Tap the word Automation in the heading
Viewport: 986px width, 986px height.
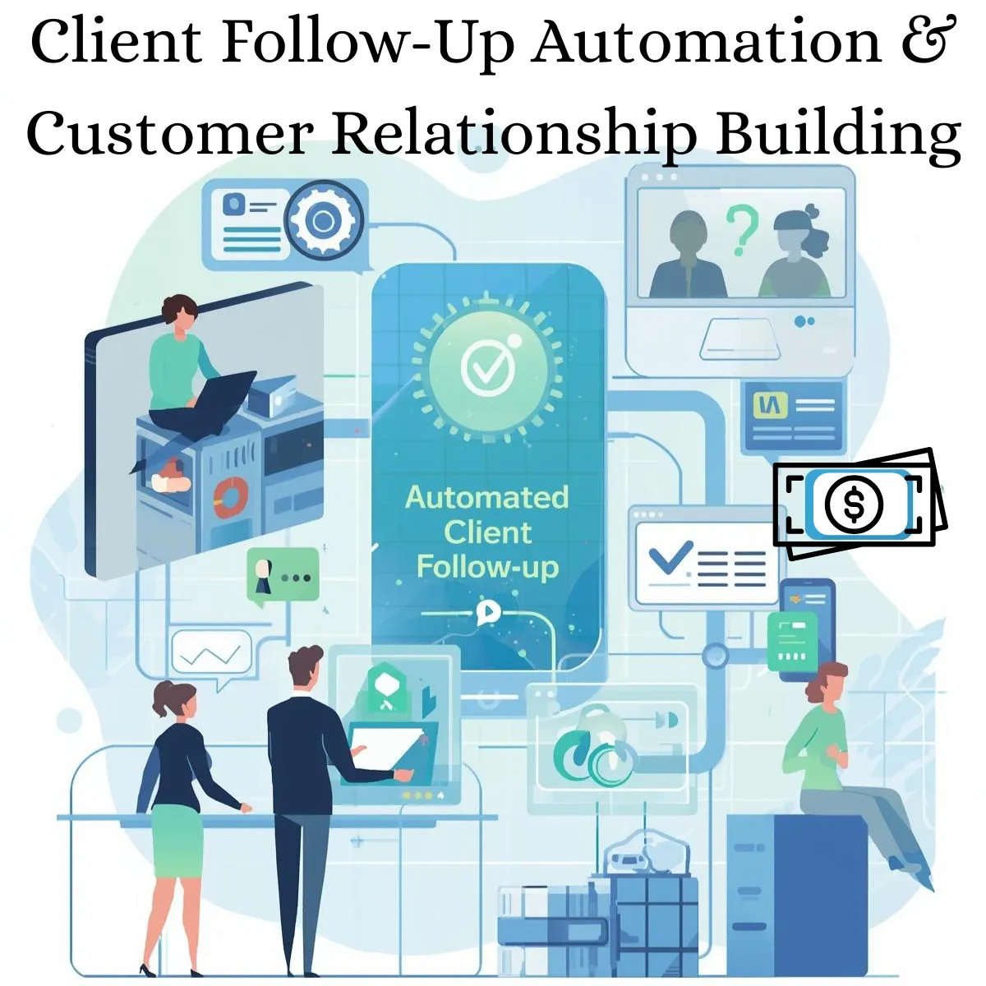point(706,42)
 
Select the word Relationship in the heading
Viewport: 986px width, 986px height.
point(514,133)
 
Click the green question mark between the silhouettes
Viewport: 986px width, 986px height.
point(741,229)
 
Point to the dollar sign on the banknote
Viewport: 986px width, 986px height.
point(854,504)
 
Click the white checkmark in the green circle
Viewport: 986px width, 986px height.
point(486,368)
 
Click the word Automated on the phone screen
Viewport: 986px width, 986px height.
point(486,497)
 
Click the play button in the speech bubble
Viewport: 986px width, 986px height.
point(487,611)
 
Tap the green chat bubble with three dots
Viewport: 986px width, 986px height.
point(283,576)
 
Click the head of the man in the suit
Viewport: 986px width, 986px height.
point(306,668)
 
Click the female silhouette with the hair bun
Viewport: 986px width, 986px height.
point(795,252)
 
